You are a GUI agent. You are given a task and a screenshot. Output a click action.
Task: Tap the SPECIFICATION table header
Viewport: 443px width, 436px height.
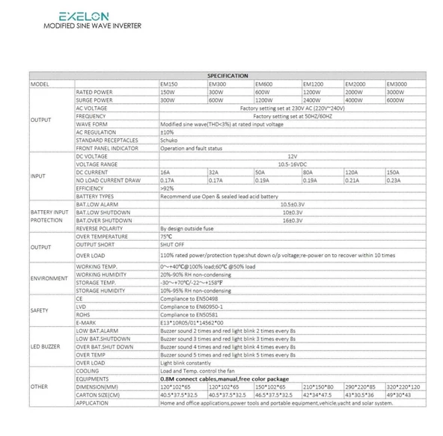pyautogui.click(x=227, y=76)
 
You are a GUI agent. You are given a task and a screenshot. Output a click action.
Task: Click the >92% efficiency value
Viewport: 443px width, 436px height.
pyautogui.click(x=168, y=188)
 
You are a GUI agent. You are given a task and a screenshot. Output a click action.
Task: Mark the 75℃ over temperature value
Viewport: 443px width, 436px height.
pyautogui.click(x=165, y=236)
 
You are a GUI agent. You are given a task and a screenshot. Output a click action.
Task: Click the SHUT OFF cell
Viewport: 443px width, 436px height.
pyautogui.click(x=171, y=244)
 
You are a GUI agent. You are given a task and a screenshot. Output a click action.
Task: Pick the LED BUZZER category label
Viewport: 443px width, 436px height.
pyautogui.click(x=46, y=346)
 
